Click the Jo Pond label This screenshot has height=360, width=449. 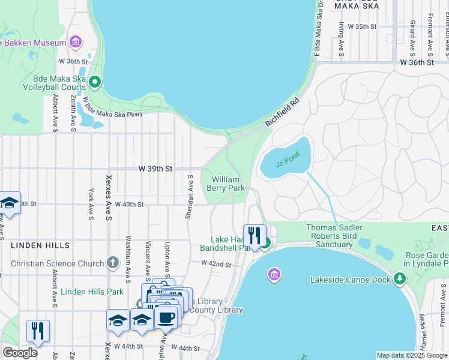(x=288, y=163)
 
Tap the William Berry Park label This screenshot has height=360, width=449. (x=226, y=184)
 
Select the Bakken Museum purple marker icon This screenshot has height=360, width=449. (x=75, y=42)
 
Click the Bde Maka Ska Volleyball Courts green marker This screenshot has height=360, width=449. (x=94, y=82)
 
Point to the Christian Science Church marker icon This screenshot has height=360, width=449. (x=112, y=262)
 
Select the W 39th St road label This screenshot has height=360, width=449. (x=156, y=169)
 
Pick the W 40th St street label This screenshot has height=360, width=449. (x=129, y=204)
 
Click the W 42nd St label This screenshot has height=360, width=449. (x=216, y=263)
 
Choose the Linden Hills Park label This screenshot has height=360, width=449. (x=92, y=292)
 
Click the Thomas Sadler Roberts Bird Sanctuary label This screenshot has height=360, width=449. (x=334, y=236)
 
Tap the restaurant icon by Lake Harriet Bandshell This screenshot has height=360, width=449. (x=255, y=235)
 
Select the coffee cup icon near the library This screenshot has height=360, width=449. (x=166, y=316)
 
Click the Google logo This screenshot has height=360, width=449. (x=20, y=353)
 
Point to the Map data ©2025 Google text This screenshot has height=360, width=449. (x=411, y=355)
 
